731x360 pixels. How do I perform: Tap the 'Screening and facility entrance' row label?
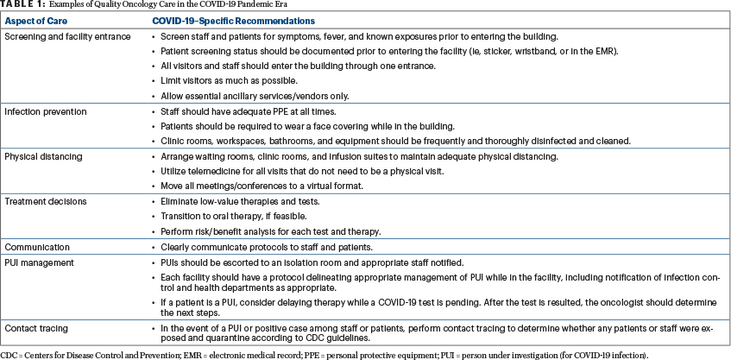(x=67, y=36)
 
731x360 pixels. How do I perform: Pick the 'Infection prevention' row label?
(x=46, y=112)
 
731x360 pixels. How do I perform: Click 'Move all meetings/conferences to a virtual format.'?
(x=262, y=186)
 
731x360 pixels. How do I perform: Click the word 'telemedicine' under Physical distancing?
(x=208, y=172)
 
